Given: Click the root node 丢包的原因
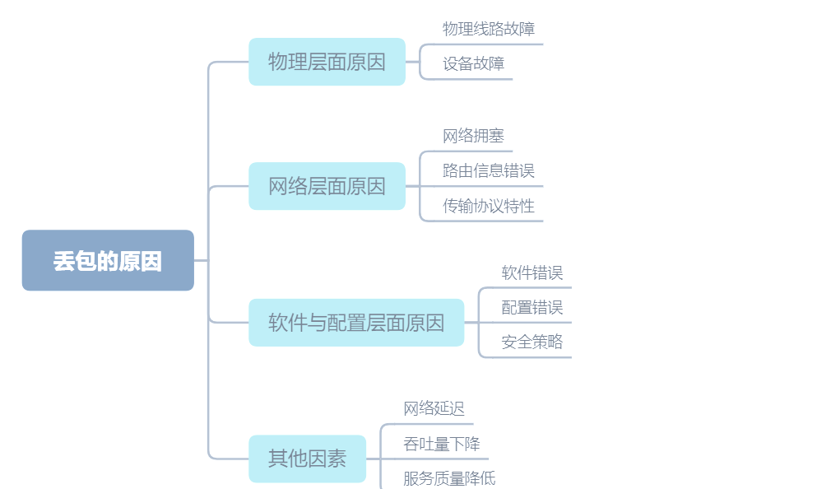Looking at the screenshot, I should (108, 260).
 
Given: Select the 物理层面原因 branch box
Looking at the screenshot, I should (327, 62).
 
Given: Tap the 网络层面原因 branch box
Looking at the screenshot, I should (327, 186).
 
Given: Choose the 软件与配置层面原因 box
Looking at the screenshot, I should (356, 323).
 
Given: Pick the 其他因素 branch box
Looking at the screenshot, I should (307, 459).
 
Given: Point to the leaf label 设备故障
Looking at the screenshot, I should (473, 63).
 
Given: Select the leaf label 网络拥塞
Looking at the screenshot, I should (473, 136).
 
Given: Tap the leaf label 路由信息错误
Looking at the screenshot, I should (489, 170).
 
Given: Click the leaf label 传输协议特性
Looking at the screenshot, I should (489, 206).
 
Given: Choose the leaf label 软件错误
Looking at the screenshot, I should (532, 272).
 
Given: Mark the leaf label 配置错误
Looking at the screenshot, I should (532, 308).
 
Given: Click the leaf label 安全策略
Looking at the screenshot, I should (532, 342).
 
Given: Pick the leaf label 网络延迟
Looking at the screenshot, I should (434, 408).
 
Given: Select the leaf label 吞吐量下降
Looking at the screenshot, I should (442, 444).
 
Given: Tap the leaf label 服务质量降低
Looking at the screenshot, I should (449, 478).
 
